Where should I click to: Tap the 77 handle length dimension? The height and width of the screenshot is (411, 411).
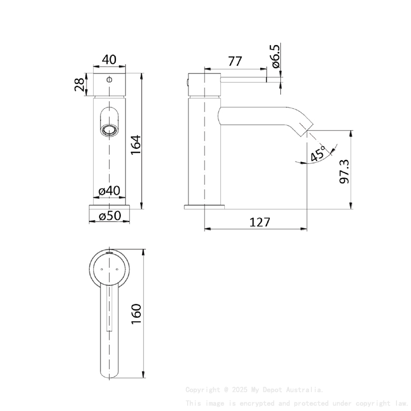235,61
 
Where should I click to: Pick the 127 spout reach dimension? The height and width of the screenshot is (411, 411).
260,221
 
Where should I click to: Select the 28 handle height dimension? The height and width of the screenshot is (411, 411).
80,85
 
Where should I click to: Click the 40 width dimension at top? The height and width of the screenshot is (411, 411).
109,59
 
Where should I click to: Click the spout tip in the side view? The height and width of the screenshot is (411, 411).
303,126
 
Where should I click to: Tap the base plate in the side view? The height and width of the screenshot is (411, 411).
205,207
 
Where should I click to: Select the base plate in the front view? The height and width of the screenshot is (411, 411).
109,207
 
